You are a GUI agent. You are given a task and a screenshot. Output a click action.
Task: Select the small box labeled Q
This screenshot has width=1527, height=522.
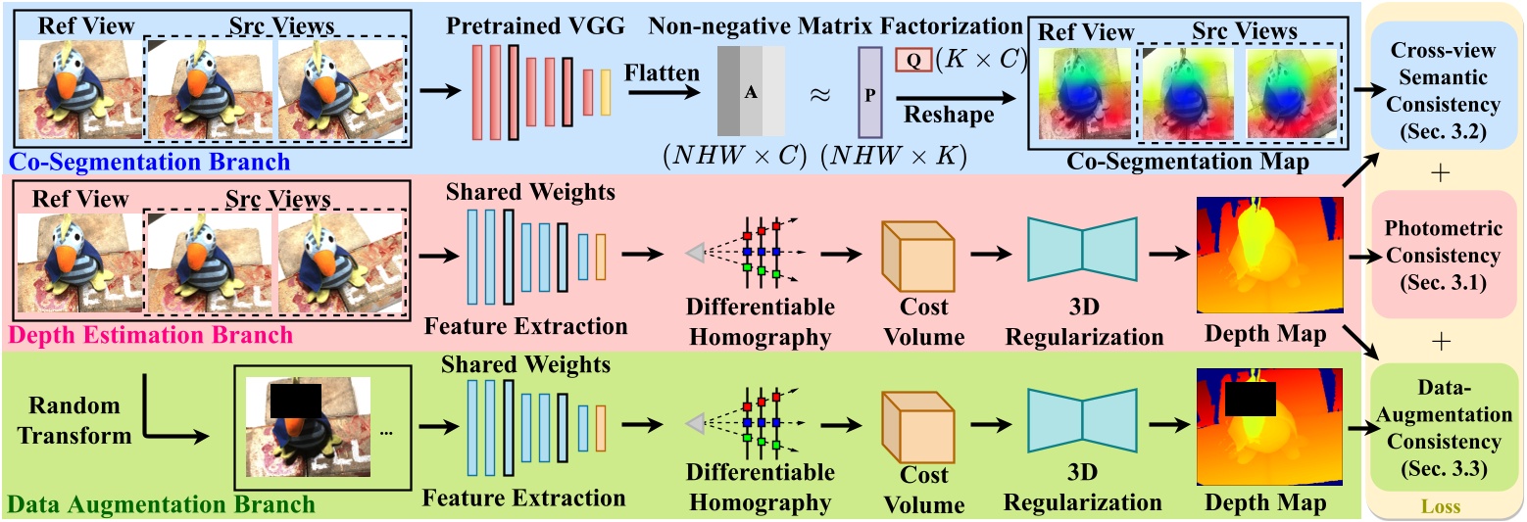912,60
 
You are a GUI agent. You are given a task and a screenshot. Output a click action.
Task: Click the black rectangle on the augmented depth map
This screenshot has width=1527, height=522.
1250,398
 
